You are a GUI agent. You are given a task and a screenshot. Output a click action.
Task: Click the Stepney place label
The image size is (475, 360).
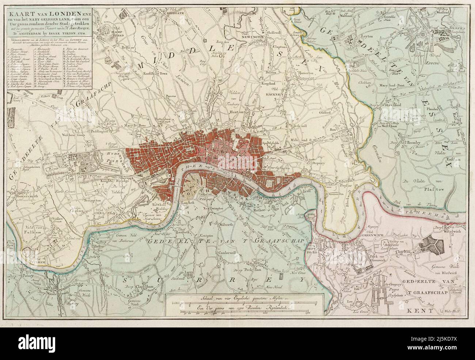(321, 164)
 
